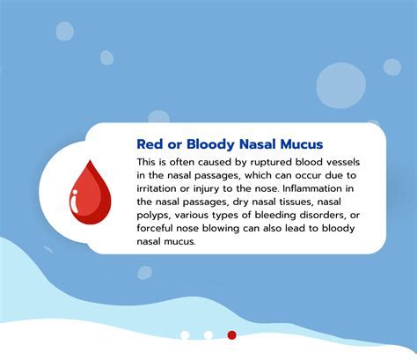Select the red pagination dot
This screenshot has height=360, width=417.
(x=232, y=334)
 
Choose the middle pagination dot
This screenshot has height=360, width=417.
(x=208, y=334)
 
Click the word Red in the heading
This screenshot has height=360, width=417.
(x=152, y=143)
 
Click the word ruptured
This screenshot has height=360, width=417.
(x=255, y=163)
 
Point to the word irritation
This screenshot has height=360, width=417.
(x=161, y=188)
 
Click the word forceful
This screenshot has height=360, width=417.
(x=158, y=227)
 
